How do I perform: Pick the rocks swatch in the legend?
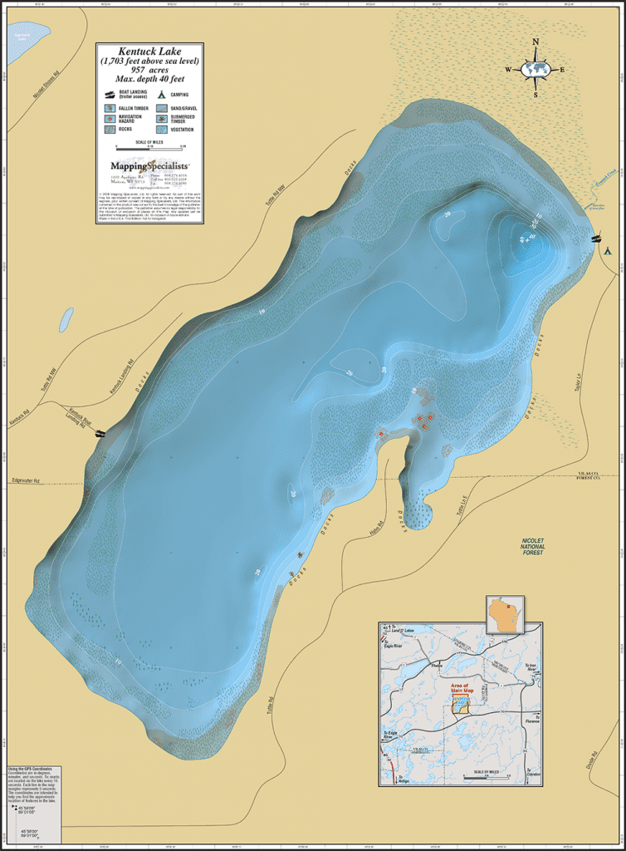[110, 130]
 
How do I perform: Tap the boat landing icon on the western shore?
[100, 433]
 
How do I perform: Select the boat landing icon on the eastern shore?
[595, 239]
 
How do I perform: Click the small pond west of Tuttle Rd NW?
[64, 319]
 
